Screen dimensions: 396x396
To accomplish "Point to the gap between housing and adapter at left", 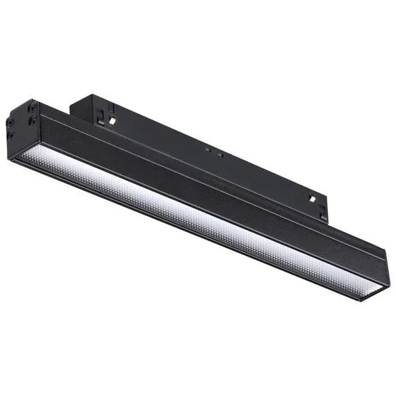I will pos(73,111).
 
